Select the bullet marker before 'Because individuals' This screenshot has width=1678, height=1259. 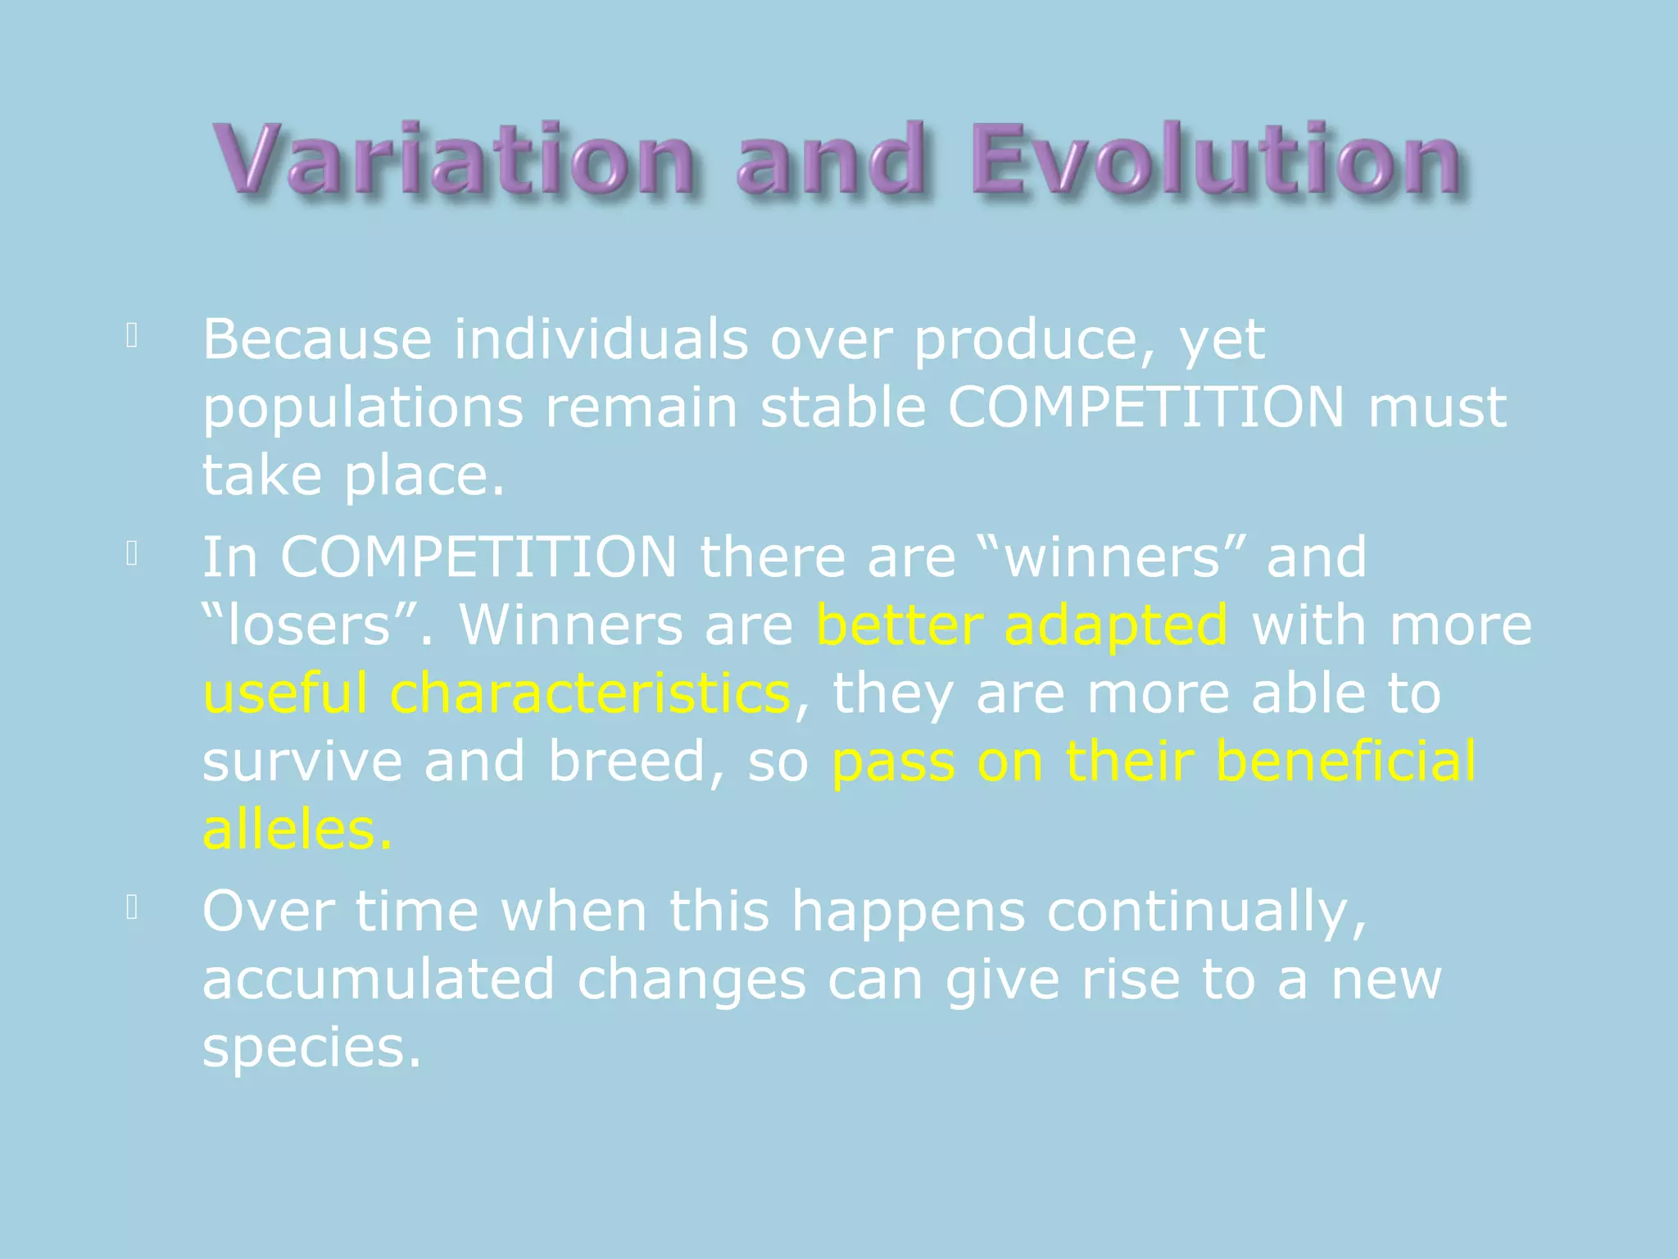[132, 336]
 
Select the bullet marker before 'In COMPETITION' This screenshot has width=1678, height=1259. [132, 555]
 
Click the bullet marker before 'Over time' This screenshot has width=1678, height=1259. [132, 907]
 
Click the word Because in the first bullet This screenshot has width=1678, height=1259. [317, 339]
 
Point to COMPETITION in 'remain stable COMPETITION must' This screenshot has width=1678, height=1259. [1146, 407]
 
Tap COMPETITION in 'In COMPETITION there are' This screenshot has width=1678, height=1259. [478, 557]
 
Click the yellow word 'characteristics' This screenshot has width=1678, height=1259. [590, 693]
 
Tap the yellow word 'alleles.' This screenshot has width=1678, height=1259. [297, 829]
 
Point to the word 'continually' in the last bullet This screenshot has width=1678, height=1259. [1206, 911]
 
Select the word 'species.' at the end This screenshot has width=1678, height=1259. [311, 1048]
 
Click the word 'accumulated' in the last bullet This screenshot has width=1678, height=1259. [379, 979]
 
